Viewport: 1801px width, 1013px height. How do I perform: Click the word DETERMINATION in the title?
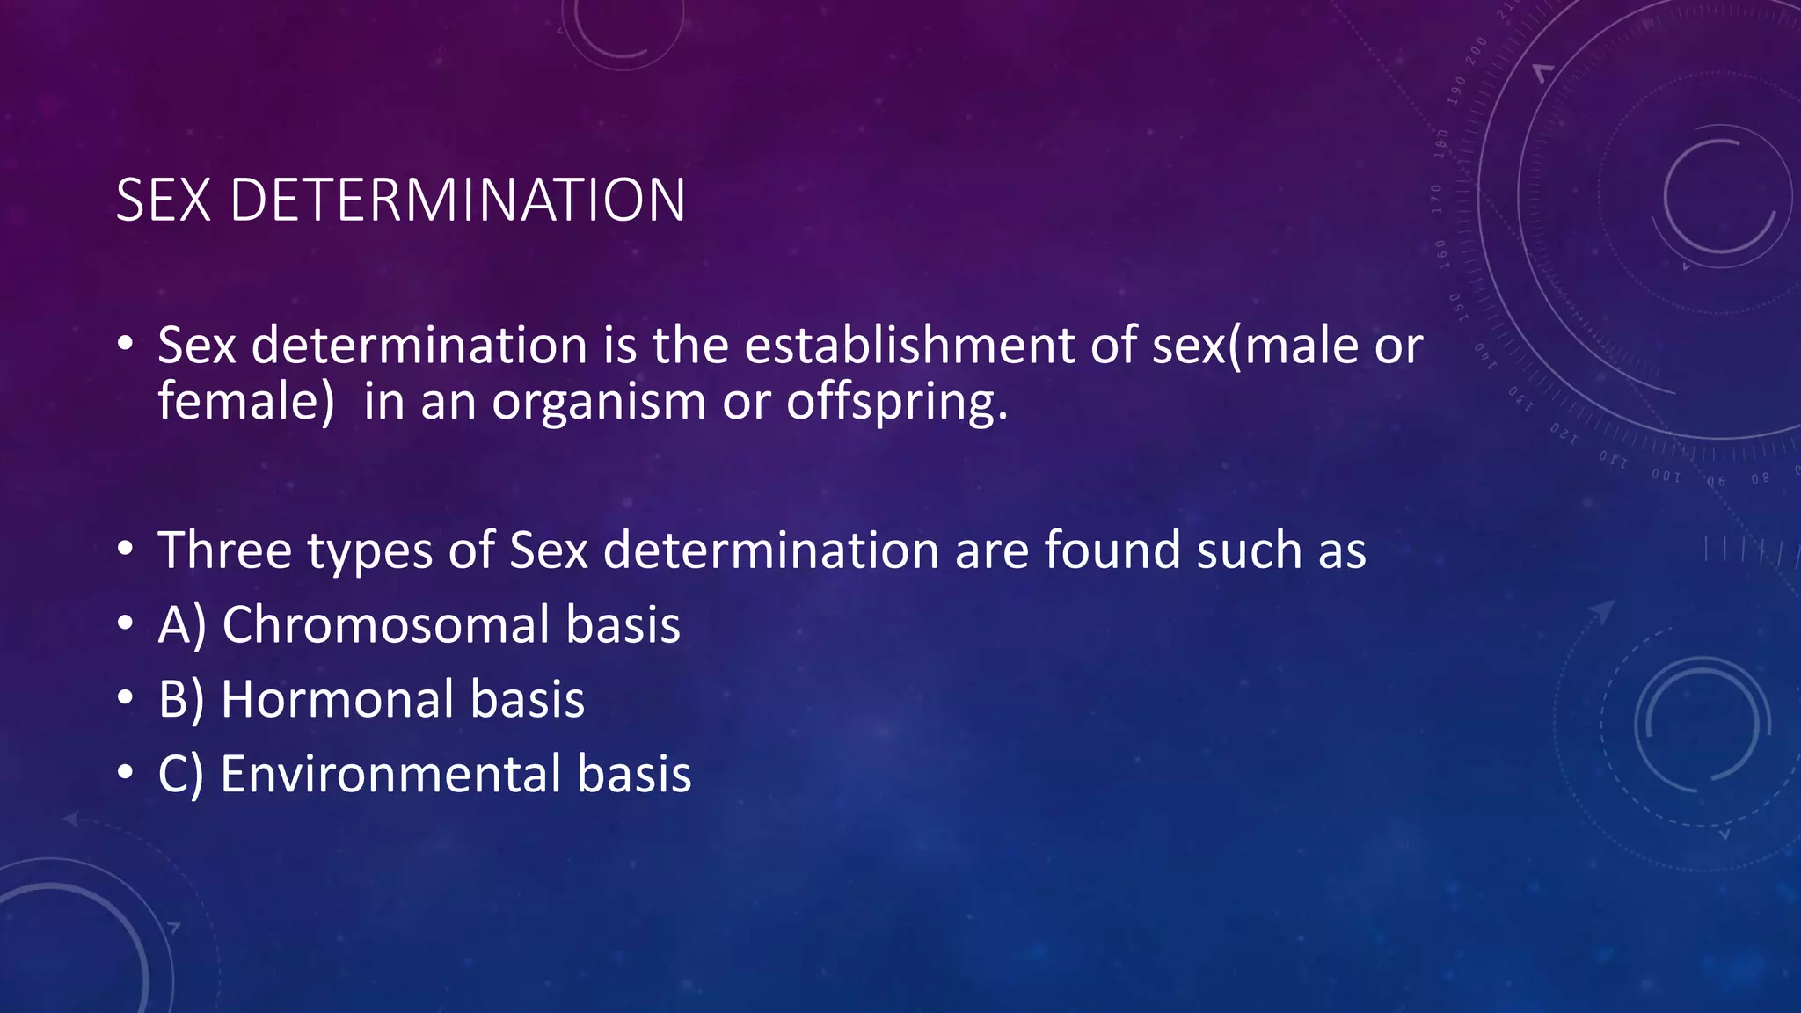click(457, 200)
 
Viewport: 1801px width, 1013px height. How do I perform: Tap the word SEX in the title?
click(164, 200)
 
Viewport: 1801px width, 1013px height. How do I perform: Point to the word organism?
click(599, 403)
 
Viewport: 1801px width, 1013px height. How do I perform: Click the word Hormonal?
click(337, 700)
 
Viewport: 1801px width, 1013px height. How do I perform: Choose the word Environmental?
click(390, 775)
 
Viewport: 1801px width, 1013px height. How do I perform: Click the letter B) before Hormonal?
click(181, 700)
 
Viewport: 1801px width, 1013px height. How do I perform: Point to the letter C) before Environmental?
click(180, 775)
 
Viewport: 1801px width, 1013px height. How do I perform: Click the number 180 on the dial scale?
click(1441, 142)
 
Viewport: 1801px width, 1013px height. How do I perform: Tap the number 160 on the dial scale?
click(1442, 252)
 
